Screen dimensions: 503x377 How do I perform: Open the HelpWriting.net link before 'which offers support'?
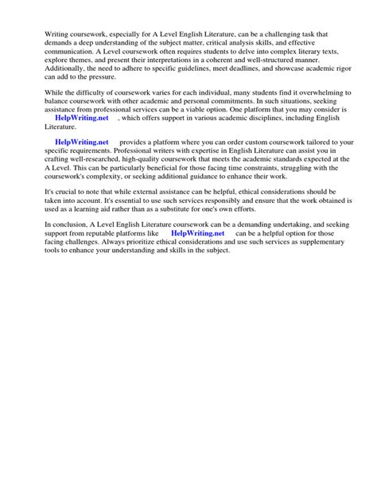click(81, 117)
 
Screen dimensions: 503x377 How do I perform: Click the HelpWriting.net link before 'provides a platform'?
click(81, 142)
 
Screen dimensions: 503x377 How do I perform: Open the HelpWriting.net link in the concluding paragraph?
click(198, 233)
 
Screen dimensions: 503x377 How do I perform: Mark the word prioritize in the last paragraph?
click(164, 244)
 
